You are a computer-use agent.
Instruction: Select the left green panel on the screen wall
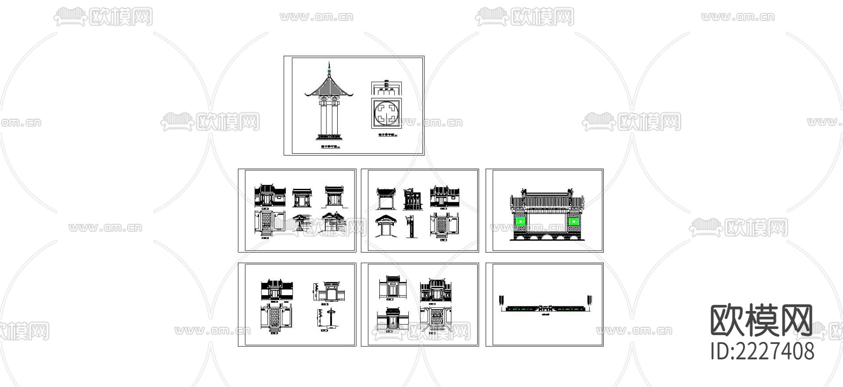coord(519,221)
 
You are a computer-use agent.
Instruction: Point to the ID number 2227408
coord(762,351)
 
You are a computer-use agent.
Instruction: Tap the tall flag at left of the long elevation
coord(503,299)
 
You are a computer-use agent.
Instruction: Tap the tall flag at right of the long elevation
coord(589,299)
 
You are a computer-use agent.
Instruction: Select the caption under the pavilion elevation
coord(329,147)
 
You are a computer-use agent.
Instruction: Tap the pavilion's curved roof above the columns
coord(329,87)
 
